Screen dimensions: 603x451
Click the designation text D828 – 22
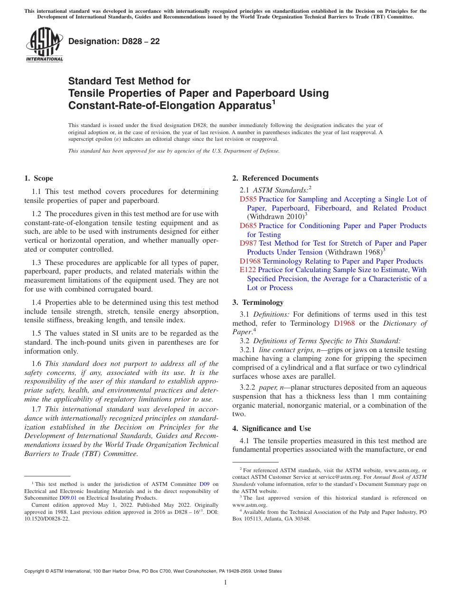pos(114,42)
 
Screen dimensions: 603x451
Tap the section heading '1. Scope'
pos(38,178)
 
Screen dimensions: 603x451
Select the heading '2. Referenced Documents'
pos(275,178)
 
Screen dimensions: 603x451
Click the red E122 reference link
pos(248,270)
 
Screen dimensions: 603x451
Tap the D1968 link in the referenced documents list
pos(250,261)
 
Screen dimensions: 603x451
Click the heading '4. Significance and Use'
pos(272,429)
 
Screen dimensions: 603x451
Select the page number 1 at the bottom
pos(225,582)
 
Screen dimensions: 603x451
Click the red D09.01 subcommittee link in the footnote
pos(68,498)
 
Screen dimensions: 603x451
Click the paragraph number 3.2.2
pos(248,387)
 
